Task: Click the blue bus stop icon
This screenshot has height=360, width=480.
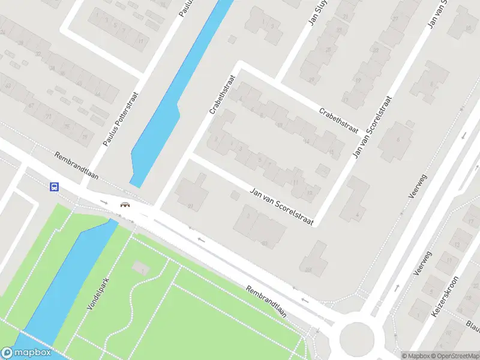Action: coord(54,187)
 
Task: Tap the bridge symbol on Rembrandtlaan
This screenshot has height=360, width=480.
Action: coord(125,205)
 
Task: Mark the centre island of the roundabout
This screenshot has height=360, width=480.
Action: coord(356,338)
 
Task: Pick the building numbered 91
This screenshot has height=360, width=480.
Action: coord(191,206)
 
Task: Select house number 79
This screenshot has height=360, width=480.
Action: coord(85,137)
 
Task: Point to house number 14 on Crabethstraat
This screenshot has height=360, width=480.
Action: coord(307,141)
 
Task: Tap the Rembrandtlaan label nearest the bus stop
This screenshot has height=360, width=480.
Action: coord(76,167)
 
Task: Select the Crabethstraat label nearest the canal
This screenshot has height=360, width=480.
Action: coord(220,95)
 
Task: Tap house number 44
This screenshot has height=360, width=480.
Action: coord(264,244)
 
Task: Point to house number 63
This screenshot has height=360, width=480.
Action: coord(8,86)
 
